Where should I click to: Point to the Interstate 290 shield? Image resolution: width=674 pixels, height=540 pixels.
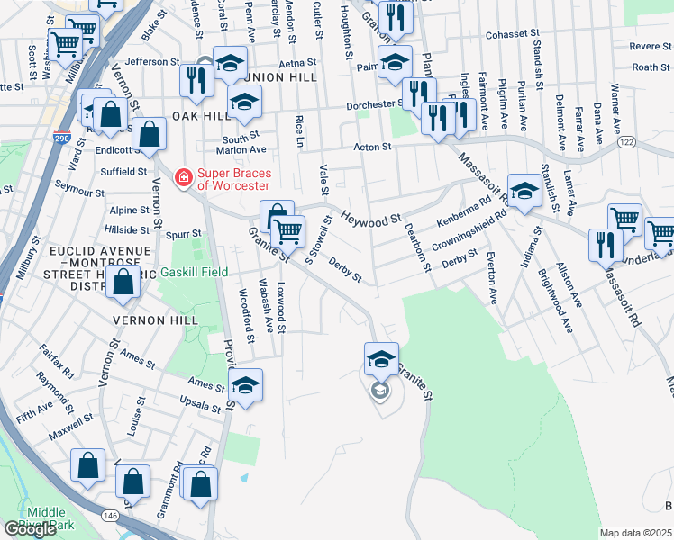pos(61,118)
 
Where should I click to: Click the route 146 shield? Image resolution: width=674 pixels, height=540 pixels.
pos(110,515)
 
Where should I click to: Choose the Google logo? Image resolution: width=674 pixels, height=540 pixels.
pos(31,529)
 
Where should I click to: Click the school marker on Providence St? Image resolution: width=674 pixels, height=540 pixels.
pos(244,385)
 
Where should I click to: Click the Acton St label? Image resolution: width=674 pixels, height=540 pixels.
pos(372,146)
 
